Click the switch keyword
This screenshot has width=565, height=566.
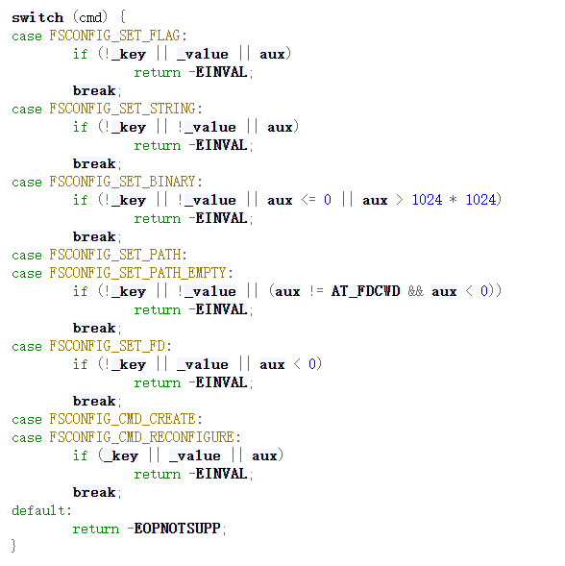coord(37,17)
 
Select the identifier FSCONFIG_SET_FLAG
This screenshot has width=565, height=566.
coord(114,36)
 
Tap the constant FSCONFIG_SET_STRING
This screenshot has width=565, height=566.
coord(122,109)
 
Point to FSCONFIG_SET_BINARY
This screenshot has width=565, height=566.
coord(122,182)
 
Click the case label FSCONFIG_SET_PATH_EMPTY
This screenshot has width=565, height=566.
coord(137,273)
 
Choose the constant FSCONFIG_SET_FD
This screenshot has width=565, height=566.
coord(107,346)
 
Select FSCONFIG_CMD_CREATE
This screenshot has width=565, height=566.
coord(122,419)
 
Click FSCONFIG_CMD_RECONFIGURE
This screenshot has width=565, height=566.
coord(141,437)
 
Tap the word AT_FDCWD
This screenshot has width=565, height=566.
coord(365,291)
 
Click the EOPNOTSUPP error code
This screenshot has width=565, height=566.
coord(177,529)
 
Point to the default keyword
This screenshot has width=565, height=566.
coord(38,510)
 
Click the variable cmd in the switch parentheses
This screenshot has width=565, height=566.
coord(90,17)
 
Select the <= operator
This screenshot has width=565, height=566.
coord(308,200)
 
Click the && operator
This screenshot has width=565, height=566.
coord(415,291)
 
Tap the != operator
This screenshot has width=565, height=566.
coord(316,291)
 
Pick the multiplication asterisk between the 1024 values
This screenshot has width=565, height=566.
coord(454,200)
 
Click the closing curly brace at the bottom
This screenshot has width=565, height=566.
coord(13,546)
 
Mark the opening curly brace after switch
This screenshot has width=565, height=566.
coord(122,17)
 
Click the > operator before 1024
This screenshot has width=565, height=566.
coord(400,200)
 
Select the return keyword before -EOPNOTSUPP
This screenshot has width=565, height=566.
coord(96,529)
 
